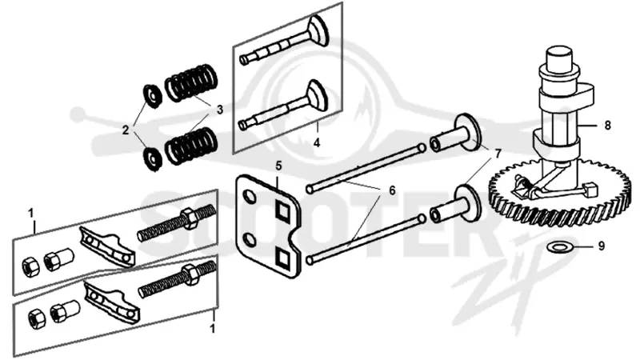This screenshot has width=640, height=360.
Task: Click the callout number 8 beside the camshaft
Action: [607, 125]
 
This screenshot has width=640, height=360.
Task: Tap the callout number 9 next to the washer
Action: [602, 246]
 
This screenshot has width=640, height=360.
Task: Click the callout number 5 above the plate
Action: [278, 166]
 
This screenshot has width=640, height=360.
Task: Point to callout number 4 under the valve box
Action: [317, 143]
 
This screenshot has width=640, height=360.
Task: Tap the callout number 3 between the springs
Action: [220, 110]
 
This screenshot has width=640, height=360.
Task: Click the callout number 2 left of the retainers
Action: [126, 130]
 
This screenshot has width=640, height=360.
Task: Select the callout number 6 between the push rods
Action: [392, 190]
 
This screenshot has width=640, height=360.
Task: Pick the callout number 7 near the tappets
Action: [498, 154]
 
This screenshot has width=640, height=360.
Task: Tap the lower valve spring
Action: [190, 146]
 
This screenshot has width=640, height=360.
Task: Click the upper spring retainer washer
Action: [152, 96]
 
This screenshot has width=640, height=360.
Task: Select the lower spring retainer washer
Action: [152, 158]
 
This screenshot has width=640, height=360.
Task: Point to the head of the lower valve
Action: [317, 95]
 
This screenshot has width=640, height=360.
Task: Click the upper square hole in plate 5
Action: [282, 210]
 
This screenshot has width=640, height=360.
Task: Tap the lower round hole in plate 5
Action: [250, 241]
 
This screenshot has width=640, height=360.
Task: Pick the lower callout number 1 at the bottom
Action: [212, 329]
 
